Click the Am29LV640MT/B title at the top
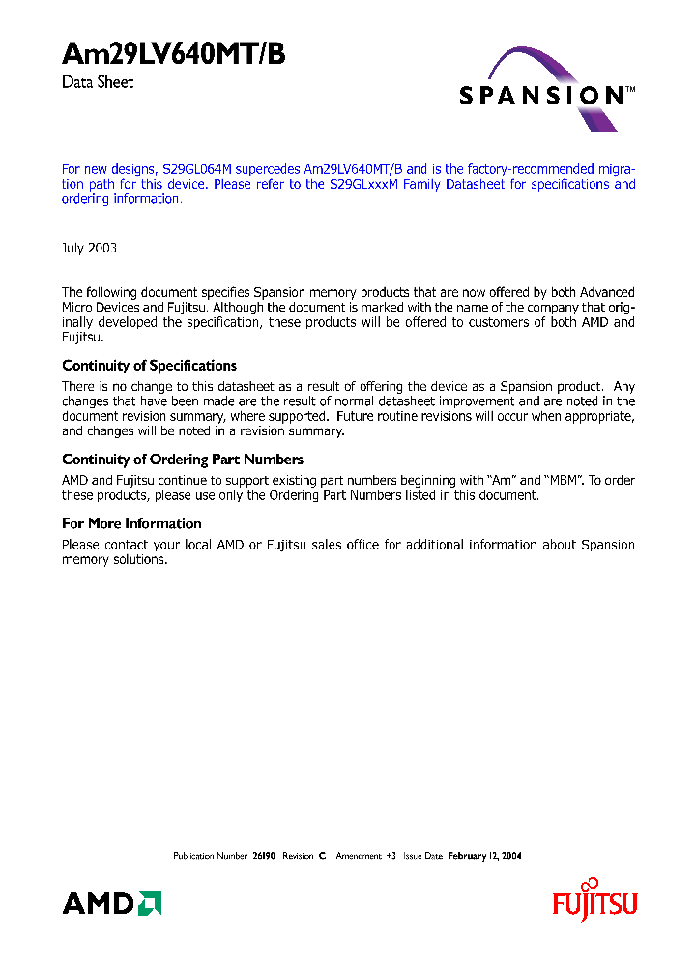point(174,55)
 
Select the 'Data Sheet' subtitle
point(98,83)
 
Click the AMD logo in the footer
point(111,904)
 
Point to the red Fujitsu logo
point(594,905)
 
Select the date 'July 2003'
point(89,248)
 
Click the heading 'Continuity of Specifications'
point(149,366)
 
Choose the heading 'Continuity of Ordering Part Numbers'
point(183,460)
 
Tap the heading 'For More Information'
point(131,523)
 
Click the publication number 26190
point(264,856)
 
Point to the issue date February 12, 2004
point(484,856)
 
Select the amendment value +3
point(391,856)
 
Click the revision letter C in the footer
point(323,856)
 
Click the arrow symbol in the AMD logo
point(150,903)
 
